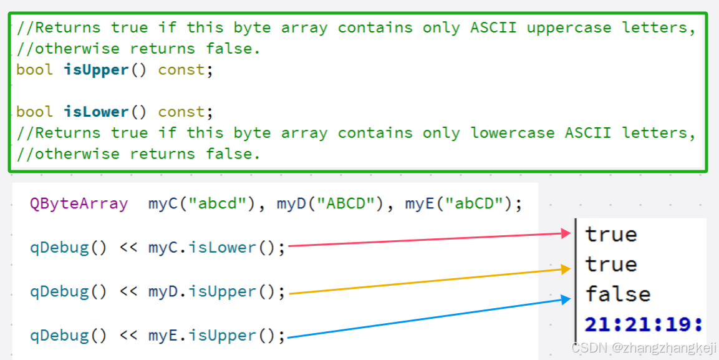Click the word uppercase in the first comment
pyautogui.click(x=569, y=27)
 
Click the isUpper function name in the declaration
pyautogui.click(x=96, y=70)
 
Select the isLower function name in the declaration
pyautogui.click(x=96, y=112)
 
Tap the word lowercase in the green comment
pyautogui.click(x=513, y=133)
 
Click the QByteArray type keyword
pyautogui.click(x=79, y=203)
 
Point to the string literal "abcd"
pyautogui.click(x=216, y=203)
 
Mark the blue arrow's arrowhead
pyautogui.click(x=566, y=299)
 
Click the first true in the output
pyautogui.click(x=611, y=235)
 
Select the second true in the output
pyautogui.click(x=611, y=265)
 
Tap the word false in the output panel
pyautogui.click(x=618, y=294)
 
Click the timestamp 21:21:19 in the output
pyautogui.click(x=644, y=324)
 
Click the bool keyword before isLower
pyautogui.click(x=35, y=112)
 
